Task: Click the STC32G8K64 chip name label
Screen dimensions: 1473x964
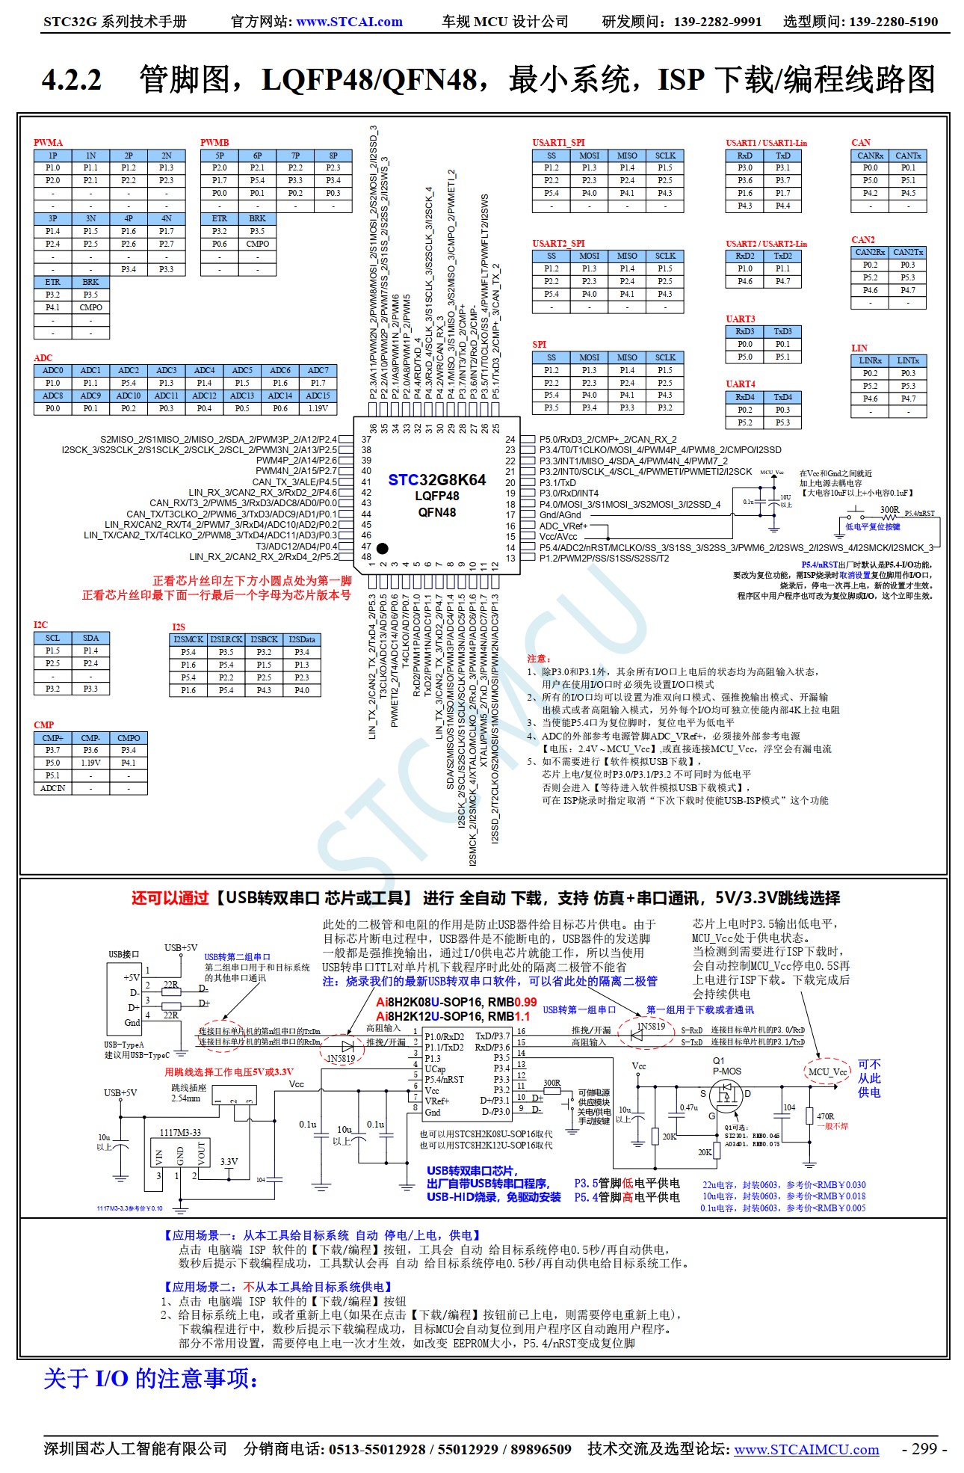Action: click(x=436, y=479)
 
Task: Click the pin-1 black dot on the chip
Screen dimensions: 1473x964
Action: click(x=382, y=548)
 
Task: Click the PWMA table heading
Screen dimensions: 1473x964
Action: click(x=48, y=142)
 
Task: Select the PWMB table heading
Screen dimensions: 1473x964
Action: click(x=214, y=142)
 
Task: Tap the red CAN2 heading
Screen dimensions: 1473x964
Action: click(x=862, y=239)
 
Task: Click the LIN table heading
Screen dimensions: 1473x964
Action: click(x=859, y=348)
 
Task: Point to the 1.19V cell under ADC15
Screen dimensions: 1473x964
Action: click(x=318, y=408)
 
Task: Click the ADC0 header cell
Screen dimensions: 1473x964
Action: click(x=52, y=370)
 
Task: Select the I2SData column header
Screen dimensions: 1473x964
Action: click(x=302, y=639)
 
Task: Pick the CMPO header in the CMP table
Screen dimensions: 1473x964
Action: click(x=129, y=737)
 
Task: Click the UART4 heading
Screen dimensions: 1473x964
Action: click(x=740, y=384)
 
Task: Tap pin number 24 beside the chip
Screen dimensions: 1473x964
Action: click(x=510, y=440)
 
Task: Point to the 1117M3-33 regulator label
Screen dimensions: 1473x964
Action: click(x=180, y=1132)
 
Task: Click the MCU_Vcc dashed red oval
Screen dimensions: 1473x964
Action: click(x=827, y=1071)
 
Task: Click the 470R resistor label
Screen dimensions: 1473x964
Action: click(x=825, y=1116)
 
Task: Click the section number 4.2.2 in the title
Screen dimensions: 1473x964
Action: click(x=72, y=79)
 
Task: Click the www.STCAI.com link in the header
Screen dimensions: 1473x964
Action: click(x=349, y=22)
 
